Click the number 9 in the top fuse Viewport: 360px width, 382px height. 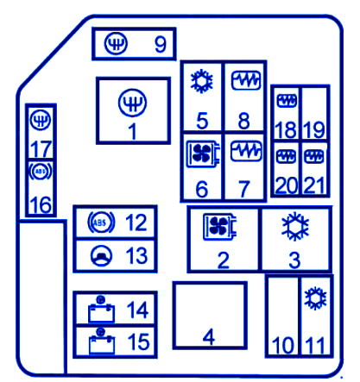pos(161,44)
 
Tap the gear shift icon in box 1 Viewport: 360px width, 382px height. pos(132,103)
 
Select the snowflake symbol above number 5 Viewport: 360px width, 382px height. pos(202,81)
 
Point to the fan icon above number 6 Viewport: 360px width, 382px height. pos(203,153)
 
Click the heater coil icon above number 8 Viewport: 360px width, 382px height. pos(246,80)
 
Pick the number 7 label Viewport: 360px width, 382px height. pos(244,189)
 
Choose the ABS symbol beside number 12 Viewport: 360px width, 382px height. pos(101,222)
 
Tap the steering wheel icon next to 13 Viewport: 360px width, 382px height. pos(101,256)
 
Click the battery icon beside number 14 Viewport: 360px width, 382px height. pos(101,310)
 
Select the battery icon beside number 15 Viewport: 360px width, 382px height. pos(101,341)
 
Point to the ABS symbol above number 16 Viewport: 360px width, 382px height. pos(41,172)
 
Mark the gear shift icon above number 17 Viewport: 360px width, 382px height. pos(41,120)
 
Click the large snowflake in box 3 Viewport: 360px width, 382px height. pos(295,227)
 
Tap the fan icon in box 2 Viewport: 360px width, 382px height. pos(220,227)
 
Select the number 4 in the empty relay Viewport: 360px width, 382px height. pos(209,337)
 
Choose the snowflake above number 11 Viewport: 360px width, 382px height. pos(315,298)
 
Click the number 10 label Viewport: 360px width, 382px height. pos(283,345)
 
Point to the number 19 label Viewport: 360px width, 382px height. pos(314,129)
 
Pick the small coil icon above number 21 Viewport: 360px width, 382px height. pos(313,156)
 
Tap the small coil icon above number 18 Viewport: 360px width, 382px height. pos(287,101)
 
